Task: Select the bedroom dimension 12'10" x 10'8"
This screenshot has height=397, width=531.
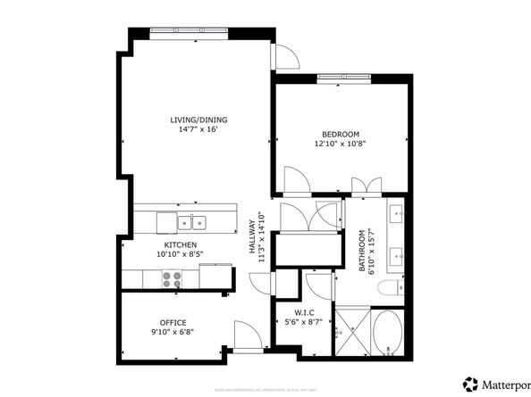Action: [x=341, y=143]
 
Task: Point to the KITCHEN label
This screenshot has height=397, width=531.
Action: [x=180, y=244]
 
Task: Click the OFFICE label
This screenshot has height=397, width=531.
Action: [x=176, y=321]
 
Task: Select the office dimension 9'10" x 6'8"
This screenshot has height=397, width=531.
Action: [x=176, y=332]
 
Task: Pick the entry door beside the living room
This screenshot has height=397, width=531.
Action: [x=285, y=57]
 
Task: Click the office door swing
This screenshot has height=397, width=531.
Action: [x=245, y=337]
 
